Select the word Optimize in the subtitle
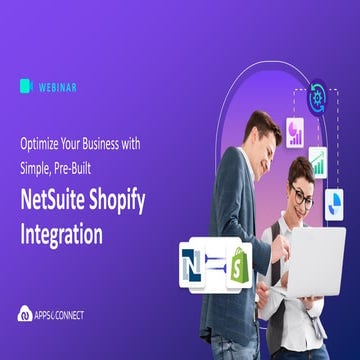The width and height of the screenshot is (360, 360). point(44,144)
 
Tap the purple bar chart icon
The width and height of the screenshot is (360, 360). point(296,133)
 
